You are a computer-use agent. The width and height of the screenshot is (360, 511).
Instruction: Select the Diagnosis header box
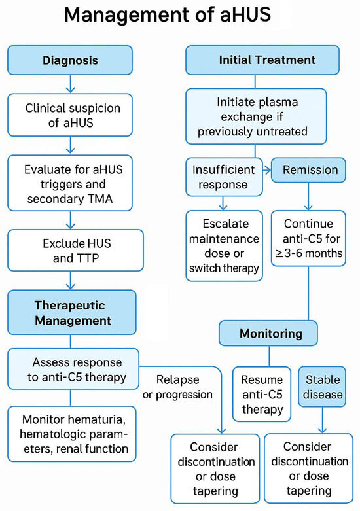(x=70, y=60)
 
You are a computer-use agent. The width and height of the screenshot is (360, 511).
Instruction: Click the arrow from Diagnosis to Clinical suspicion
(x=70, y=84)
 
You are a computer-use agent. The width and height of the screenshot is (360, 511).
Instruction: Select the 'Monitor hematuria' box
(x=74, y=434)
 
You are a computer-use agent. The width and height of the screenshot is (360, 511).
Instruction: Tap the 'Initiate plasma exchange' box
(x=256, y=116)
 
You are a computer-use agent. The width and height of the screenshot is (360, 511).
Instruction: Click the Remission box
(x=310, y=170)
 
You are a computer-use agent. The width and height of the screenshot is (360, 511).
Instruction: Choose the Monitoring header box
(x=270, y=334)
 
